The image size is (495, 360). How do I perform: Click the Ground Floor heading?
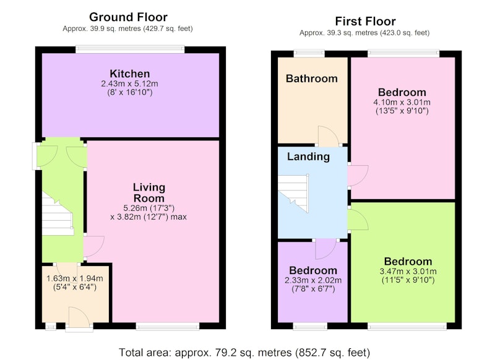pyautogui.click(x=128, y=17)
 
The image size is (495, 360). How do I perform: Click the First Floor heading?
pyautogui.click(x=365, y=22)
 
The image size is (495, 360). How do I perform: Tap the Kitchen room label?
pyautogui.click(x=130, y=74)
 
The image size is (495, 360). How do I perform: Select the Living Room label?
pyautogui.click(x=148, y=193)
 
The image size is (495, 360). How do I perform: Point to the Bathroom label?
pyautogui.click(x=312, y=78)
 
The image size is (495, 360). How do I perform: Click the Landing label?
pyautogui.click(x=308, y=156)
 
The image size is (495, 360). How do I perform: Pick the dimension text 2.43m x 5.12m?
pyautogui.click(x=129, y=84)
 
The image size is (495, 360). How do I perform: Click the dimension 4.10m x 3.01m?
pyautogui.click(x=402, y=102)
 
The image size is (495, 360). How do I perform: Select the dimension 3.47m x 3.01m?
pyautogui.click(x=408, y=272)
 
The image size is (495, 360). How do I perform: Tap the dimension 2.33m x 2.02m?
pyautogui.click(x=313, y=280)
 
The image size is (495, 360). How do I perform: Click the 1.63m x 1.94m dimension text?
pyautogui.click(x=74, y=278)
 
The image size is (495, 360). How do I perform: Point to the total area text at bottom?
pyautogui.click(x=244, y=352)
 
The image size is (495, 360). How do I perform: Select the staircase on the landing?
pyautogui.click(x=293, y=193)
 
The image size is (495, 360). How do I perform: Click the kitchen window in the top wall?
pyautogui.click(x=130, y=49)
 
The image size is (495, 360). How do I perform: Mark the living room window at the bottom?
pyautogui.click(x=168, y=326)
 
